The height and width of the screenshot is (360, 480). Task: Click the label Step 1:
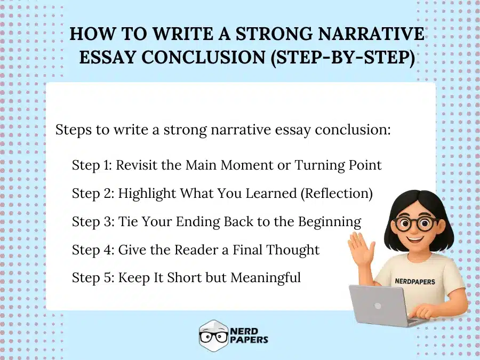click(x=92, y=165)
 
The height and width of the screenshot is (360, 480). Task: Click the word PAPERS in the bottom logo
click(x=249, y=340)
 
